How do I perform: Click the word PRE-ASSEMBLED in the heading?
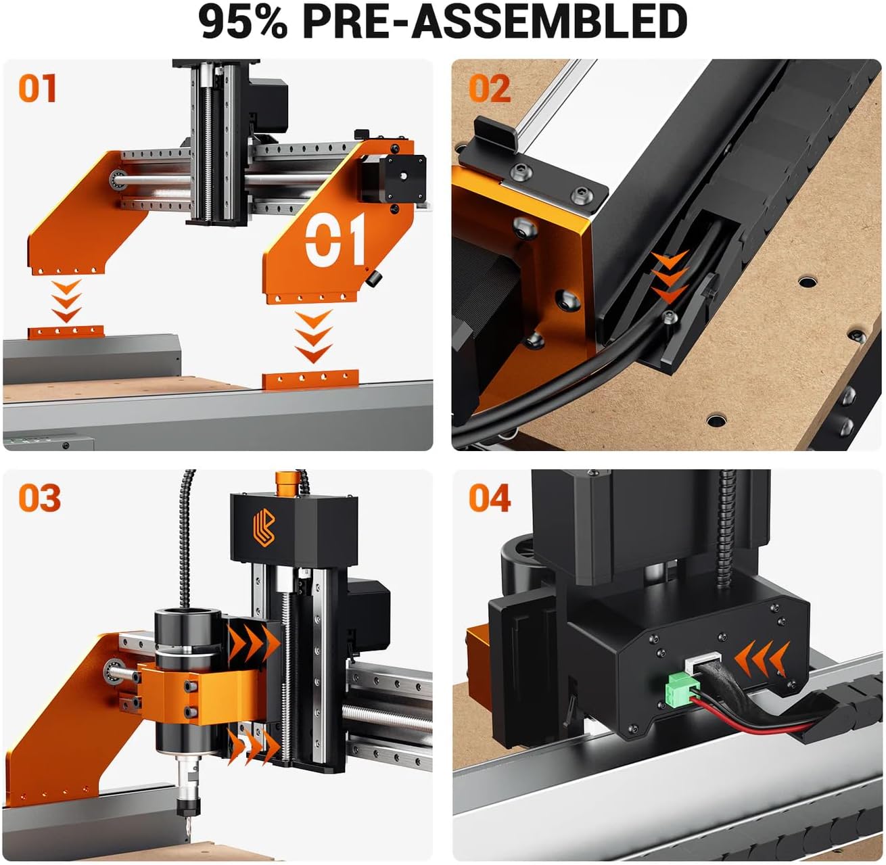[494, 22]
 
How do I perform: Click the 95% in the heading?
[244, 22]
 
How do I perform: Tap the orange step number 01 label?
[37, 89]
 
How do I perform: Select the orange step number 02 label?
[490, 89]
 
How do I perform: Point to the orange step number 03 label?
[39, 498]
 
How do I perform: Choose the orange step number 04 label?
[490, 498]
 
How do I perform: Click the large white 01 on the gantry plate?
[335, 240]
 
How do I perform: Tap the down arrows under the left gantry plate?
[66, 302]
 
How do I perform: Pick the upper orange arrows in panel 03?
[252, 645]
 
